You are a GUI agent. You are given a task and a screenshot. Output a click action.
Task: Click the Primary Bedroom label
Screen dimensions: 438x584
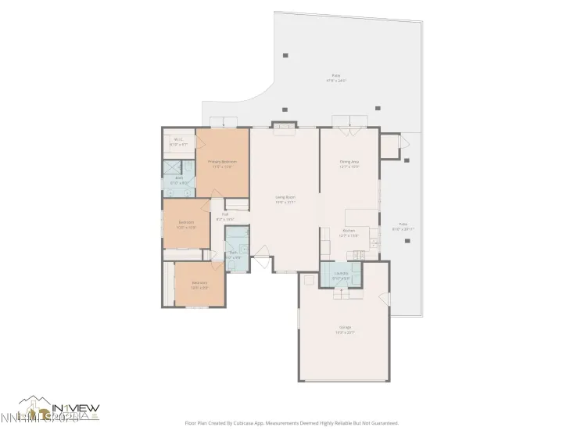(x=221, y=164)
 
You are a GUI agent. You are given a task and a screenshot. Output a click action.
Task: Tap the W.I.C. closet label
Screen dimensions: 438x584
(x=179, y=142)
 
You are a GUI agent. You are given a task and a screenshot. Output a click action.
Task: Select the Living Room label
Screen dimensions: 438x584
(x=285, y=200)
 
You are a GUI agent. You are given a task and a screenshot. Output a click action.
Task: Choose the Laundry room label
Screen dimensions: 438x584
(x=341, y=275)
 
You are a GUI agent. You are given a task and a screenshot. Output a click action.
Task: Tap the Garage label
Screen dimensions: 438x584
(x=345, y=329)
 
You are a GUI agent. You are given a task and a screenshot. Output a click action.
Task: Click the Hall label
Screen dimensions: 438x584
(x=224, y=217)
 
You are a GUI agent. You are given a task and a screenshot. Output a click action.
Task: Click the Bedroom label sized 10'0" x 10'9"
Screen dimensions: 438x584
(x=186, y=224)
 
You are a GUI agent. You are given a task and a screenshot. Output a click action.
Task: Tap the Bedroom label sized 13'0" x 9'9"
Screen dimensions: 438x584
(x=199, y=285)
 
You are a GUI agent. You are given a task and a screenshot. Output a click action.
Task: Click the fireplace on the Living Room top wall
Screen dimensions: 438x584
(x=284, y=125)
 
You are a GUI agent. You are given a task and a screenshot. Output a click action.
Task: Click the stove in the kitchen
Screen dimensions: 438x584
(x=359, y=253)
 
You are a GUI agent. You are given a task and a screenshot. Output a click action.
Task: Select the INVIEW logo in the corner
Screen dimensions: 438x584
(x=59, y=410)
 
